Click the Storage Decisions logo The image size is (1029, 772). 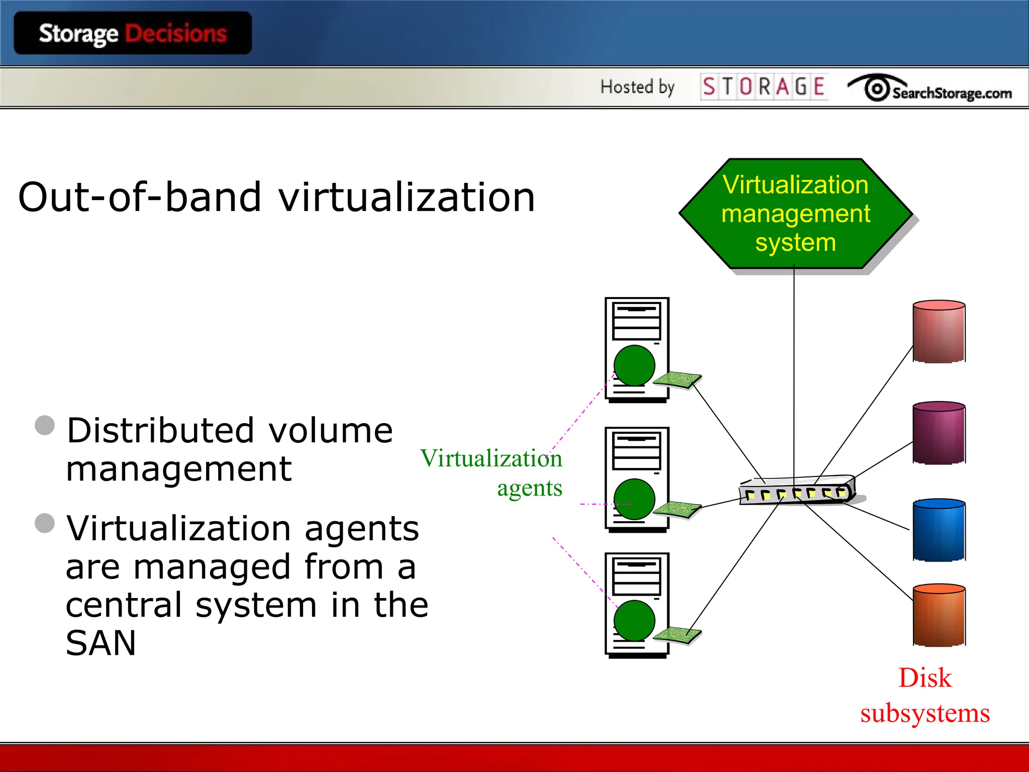click(133, 33)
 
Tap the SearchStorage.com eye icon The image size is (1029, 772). click(877, 88)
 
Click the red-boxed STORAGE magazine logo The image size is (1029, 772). click(763, 86)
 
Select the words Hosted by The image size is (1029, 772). click(637, 87)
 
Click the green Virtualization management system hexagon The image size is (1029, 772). click(795, 214)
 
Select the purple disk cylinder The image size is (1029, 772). click(939, 433)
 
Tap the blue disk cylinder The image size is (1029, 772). click(939, 530)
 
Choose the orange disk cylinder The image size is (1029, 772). click(939, 615)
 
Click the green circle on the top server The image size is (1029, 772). click(634, 365)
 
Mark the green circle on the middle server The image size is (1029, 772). click(634, 499)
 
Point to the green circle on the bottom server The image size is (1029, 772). click(634, 620)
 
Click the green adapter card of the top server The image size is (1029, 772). click(677, 379)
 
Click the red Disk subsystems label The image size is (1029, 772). click(924, 695)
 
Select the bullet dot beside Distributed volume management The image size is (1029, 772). click(45, 425)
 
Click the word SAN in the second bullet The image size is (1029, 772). click(100, 643)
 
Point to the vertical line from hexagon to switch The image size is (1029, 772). click(794, 372)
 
